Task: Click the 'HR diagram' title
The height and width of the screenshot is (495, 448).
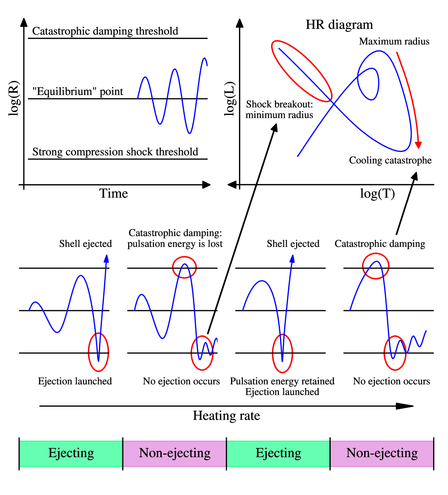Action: tap(339, 24)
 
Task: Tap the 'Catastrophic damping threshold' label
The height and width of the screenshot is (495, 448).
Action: tap(105, 31)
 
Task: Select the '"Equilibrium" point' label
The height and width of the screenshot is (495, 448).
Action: tap(78, 92)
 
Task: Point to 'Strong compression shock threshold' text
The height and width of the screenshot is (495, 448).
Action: tap(115, 152)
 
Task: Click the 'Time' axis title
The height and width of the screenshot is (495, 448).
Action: tap(113, 193)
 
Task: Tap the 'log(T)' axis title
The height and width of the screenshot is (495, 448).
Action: tap(377, 193)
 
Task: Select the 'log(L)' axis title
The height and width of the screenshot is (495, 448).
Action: tap(230, 99)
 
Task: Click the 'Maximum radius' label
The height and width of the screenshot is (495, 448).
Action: tap(394, 41)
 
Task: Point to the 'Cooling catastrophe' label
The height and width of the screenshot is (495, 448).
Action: tap(390, 160)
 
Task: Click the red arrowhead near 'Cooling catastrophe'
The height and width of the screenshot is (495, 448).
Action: tap(418, 145)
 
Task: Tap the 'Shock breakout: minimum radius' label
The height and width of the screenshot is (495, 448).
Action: tap(279, 110)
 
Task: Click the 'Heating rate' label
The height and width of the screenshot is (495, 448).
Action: tap(226, 416)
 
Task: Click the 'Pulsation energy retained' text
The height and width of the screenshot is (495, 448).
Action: tap(282, 381)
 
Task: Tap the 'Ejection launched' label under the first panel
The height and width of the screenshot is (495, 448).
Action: tap(75, 381)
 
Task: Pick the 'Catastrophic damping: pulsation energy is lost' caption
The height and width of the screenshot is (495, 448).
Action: tap(175, 238)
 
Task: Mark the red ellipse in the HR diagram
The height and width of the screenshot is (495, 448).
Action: tap(302, 71)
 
